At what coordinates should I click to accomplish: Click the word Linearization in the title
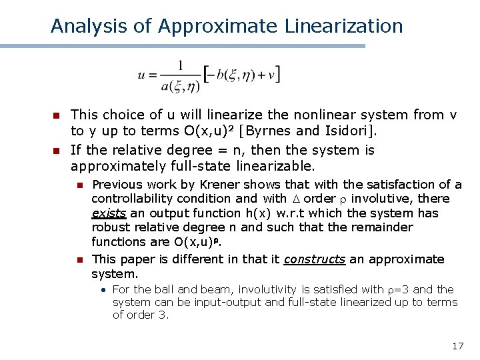(343, 26)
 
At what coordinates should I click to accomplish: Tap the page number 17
(457, 346)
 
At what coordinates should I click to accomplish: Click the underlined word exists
(109, 213)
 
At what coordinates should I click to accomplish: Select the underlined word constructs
(315, 259)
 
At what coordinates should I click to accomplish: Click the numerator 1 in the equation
(180, 65)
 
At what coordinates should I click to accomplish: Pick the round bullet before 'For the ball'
(105, 290)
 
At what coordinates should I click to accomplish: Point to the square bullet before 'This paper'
(79, 260)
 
